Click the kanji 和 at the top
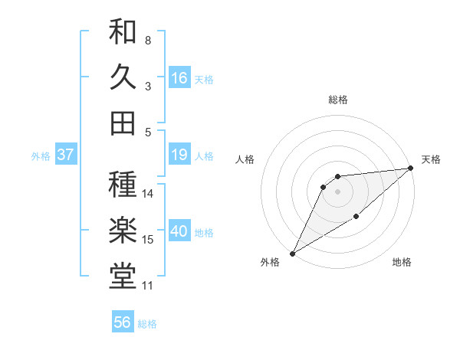(123, 32)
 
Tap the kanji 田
(123, 123)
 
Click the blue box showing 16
(179, 77)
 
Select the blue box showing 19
(179, 155)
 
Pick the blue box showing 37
(66, 155)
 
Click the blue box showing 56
(123, 322)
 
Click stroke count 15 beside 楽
(148, 240)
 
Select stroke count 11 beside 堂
(148, 286)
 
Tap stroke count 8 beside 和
(148, 40)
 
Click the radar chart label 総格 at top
(337, 100)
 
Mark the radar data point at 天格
(412, 169)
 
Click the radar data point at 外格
(292, 253)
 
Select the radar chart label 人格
(245, 159)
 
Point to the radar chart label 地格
(402, 263)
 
